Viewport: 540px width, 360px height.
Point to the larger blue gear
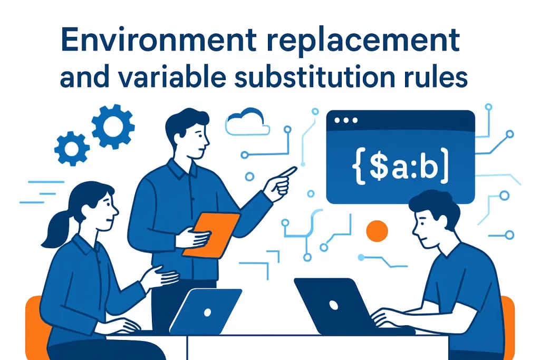[113, 127]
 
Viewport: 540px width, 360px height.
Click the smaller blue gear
[72, 148]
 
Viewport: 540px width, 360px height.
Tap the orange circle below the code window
[377, 231]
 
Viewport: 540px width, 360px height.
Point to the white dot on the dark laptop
[333, 304]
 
